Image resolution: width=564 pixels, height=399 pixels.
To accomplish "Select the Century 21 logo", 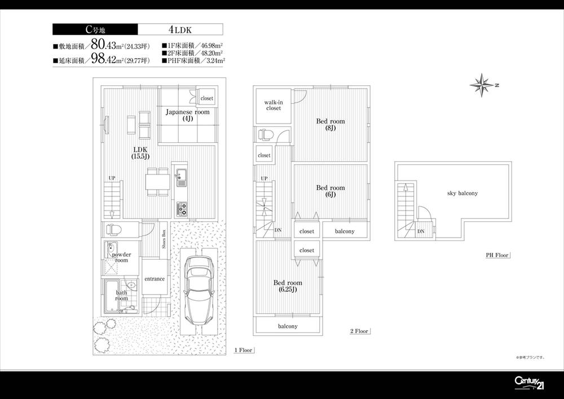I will (529, 383).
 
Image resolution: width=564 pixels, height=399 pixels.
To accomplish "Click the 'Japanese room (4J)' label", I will (187, 116).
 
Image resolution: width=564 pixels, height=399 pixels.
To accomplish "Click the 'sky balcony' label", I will (462, 193).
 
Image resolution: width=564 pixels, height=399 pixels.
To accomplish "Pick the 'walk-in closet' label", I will (273, 105).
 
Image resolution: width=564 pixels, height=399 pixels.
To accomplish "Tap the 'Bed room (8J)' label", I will (330, 124).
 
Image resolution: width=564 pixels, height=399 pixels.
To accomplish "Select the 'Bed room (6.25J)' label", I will (288, 286).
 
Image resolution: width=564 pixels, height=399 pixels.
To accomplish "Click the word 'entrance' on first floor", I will (154, 279).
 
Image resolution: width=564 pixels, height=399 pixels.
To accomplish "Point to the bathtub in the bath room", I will (111, 295).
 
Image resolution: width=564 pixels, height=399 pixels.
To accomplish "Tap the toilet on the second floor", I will (265, 135).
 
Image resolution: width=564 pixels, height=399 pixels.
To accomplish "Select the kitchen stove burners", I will (183, 208).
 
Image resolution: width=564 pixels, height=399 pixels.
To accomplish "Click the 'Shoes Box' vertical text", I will (164, 240).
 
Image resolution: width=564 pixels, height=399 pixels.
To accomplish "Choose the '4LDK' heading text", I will (179, 29).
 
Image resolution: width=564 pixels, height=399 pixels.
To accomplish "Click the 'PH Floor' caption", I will (497, 255).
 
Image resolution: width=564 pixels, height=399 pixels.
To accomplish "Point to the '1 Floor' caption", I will (244, 350).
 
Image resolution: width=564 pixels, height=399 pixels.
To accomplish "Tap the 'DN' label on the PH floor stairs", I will (421, 231).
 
